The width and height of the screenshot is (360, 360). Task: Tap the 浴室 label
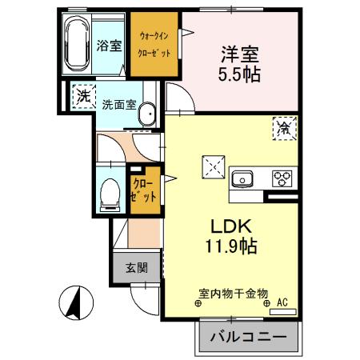coord(109,45)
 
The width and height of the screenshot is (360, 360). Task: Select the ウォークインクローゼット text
coord(154,46)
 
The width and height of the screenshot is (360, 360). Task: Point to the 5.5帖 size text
coord(239,76)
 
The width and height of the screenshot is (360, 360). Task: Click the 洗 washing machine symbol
coord(81,97)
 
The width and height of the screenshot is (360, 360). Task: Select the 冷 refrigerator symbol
coord(283,126)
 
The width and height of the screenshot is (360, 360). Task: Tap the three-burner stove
coord(282,178)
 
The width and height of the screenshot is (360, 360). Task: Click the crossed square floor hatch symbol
coord(213,166)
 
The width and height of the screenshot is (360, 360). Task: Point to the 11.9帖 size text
coord(227,246)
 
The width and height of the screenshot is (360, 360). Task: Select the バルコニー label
coord(248,338)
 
